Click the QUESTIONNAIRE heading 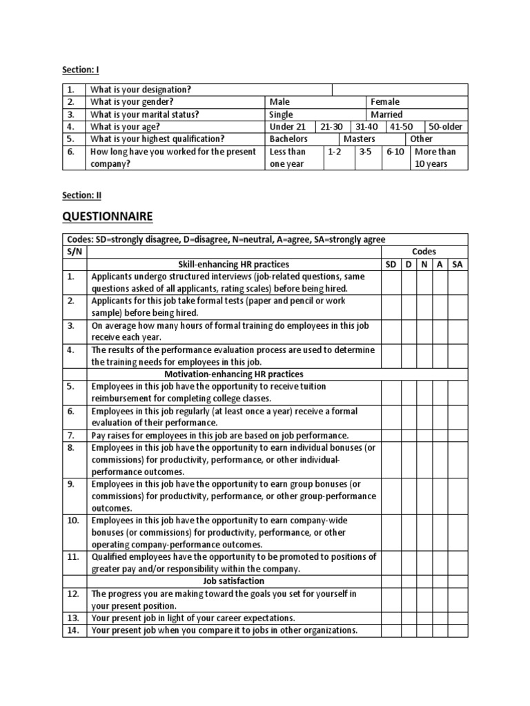107,217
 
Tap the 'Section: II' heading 81,195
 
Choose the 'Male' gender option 279,102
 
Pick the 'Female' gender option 385,102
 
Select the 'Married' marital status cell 386,114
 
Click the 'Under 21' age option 286,127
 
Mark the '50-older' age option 445,127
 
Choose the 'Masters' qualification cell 359,139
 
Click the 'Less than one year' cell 288,157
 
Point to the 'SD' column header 391,264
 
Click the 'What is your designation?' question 141,90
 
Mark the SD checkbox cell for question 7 391,435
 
